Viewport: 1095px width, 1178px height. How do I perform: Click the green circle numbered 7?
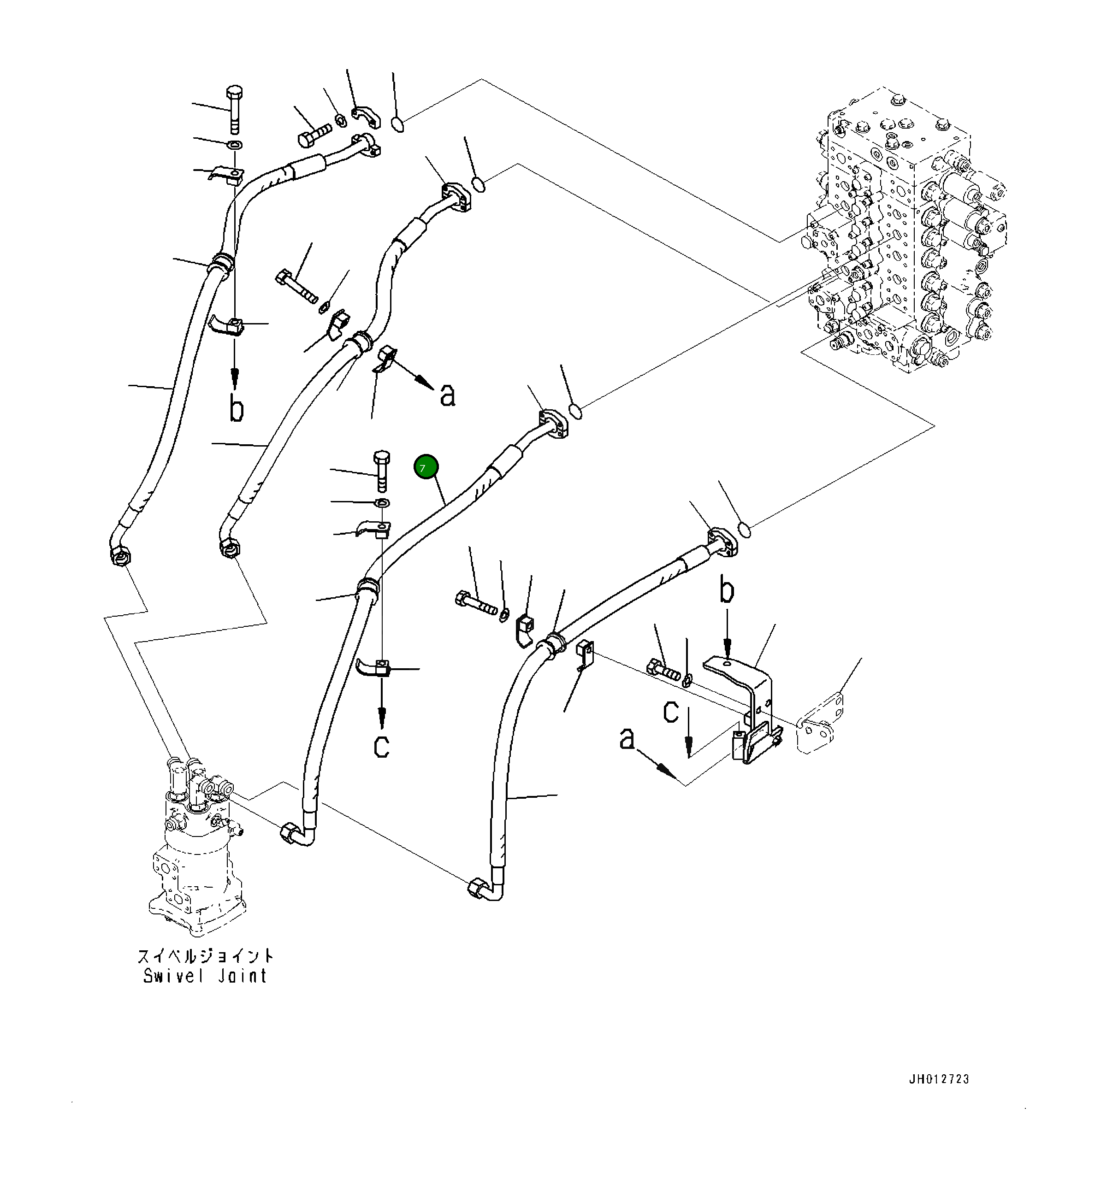coord(426,468)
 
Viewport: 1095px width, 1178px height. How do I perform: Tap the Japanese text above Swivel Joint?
coord(205,956)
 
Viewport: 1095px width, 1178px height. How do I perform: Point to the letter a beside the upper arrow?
coord(448,395)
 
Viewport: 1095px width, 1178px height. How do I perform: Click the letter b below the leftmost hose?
coord(237,409)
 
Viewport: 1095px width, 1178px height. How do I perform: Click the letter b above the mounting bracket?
coord(727,591)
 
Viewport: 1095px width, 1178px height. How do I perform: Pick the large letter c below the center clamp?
coord(382,746)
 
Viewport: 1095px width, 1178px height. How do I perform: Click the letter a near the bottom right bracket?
coord(627,738)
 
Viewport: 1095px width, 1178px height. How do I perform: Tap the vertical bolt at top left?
coord(234,110)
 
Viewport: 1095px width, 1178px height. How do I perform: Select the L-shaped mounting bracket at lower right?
coord(746,699)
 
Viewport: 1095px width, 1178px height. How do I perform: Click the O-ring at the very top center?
coord(399,125)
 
